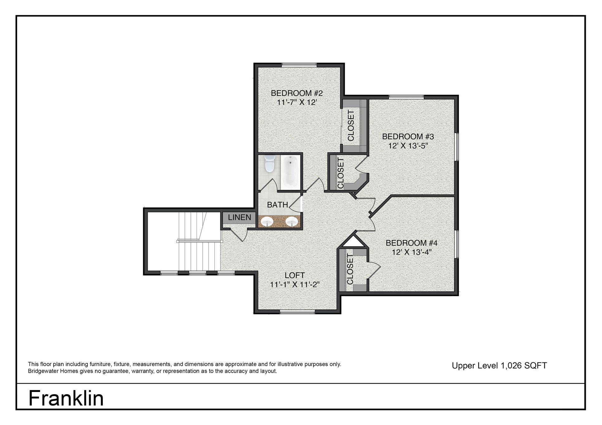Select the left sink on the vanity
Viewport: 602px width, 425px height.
pyautogui.click(x=267, y=222)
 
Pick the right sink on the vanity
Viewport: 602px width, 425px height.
pyautogui.click(x=292, y=222)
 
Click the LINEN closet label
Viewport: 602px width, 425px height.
pyautogui.click(x=239, y=217)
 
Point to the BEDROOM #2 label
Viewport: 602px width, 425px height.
pyautogui.click(x=297, y=93)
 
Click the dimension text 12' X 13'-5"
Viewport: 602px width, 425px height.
pyautogui.click(x=408, y=146)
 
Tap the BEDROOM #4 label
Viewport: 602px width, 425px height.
pyautogui.click(x=412, y=243)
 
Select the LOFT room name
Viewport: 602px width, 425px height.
pyautogui.click(x=295, y=275)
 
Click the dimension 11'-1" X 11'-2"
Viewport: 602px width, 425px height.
pyautogui.click(x=295, y=285)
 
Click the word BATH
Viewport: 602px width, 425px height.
pyautogui.click(x=277, y=205)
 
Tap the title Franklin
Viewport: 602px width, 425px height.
pyautogui.click(x=66, y=398)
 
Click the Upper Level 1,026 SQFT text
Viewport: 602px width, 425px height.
pyautogui.click(x=499, y=366)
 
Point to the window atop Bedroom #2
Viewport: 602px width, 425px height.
pyautogui.click(x=299, y=65)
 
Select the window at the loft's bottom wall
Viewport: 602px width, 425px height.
pyautogui.click(x=297, y=312)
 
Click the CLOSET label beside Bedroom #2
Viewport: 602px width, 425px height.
pyautogui.click(x=351, y=125)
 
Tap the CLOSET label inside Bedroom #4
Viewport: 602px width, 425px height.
pyautogui.click(x=350, y=269)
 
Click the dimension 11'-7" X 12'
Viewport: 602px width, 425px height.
pyautogui.click(x=297, y=102)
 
